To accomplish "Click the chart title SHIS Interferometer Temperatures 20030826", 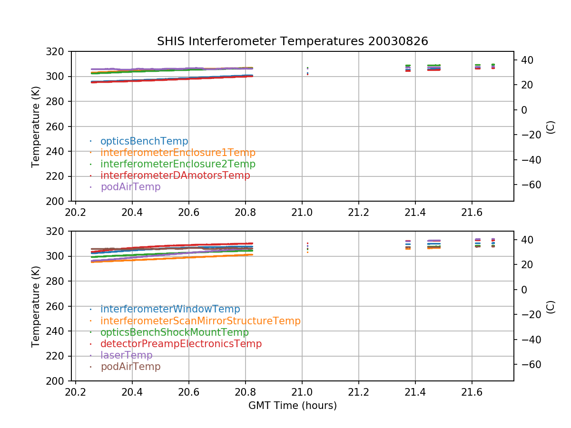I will point(292,41).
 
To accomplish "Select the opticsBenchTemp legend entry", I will point(144,141).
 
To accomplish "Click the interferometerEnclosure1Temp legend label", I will point(178,153).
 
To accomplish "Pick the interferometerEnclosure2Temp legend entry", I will point(178,164).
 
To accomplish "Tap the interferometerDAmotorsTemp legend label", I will point(175,175).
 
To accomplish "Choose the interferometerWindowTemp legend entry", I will point(170,310).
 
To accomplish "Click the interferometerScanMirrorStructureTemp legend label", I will point(200,321).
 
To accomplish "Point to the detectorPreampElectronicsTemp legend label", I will point(181,344).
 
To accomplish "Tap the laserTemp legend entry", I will point(126,355).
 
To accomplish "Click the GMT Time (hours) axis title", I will point(292,406).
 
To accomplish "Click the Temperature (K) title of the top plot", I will point(36,126).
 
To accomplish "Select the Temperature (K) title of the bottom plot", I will point(36,306).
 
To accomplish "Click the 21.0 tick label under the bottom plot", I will point(302,391).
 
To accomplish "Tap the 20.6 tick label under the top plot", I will point(188,212).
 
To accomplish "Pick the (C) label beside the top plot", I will point(551,126).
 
